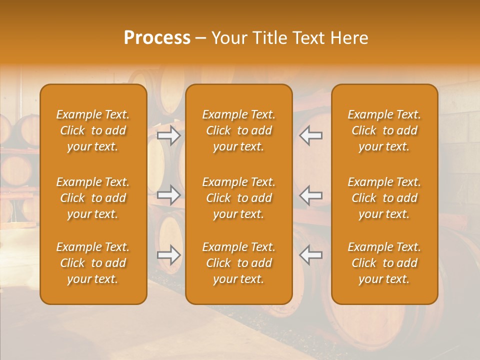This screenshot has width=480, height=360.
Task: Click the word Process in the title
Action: pyautogui.click(x=157, y=38)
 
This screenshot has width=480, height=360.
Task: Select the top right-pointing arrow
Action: pyautogui.click(x=169, y=135)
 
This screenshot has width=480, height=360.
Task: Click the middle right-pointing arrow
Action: pyautogui.click(x=169, y=195)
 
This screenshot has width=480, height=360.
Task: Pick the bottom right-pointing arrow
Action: pyautogui.click(x=169, y=255)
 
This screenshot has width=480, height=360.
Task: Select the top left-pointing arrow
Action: pyautogui.click(x=310, y=135)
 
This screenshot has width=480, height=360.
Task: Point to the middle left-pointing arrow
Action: pyautogui.click(x=310, y=195)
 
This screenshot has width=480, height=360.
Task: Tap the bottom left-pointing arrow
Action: pyautogui.click(x=310, y=255)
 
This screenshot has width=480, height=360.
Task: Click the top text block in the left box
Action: pyautogui.click(x=93, y=130)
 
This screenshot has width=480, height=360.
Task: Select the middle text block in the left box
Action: pyautogui.click(x=93, y=198)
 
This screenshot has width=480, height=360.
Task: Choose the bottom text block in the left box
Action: pyautogui.click(x=93, y=263)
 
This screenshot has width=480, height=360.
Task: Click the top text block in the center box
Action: pyautogui.click(x=239, y=130)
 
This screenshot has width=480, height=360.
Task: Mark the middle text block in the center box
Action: pyautogui.click(x=239, y=198)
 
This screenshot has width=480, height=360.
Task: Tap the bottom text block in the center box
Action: pyautogui.click(x=239, y=263)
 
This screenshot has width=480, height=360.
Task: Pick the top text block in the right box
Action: pyautogui.click(x=384, y=130)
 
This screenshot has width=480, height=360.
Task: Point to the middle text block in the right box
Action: pyautogui.click(x=384, y=198)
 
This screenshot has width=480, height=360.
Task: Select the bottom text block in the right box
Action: pyautogui.click(x=384, y=263)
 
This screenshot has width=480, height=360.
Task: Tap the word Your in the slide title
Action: pyautogui.click(x=228, y=38)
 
